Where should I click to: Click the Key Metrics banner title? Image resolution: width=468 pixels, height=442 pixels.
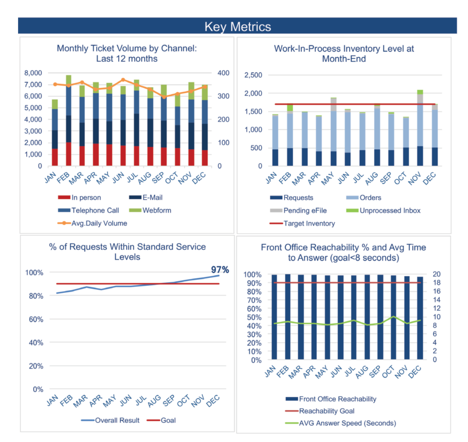(237, 27)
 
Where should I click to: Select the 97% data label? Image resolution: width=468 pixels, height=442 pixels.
(220, 270)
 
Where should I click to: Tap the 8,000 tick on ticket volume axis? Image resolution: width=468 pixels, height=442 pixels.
(33, 73)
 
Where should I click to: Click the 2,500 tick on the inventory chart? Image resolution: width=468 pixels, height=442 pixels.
(253, 75)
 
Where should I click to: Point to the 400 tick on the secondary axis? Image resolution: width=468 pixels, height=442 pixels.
(223, 73)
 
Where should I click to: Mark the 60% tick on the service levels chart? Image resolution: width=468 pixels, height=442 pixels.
(36, 320)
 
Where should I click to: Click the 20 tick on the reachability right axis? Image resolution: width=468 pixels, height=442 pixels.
(436, 274)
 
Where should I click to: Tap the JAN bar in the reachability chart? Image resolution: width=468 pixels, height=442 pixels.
(274, 317)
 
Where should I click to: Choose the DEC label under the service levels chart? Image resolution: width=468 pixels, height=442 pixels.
(213, 401)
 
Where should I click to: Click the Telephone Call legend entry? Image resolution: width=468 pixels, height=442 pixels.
(95, 211)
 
